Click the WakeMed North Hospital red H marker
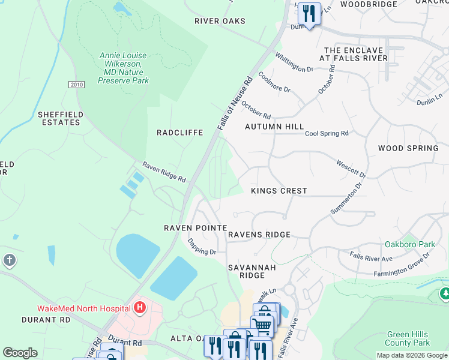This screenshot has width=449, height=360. coord(140,308)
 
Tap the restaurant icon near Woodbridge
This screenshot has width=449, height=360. coord(309,13)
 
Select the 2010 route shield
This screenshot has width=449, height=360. coord(76,85)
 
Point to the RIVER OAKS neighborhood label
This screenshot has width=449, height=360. coord(220,21)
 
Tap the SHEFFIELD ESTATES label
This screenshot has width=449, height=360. coord(59,118)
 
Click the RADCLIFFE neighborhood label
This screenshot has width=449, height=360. coord(179,133)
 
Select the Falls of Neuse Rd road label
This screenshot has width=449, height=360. coord(235,104)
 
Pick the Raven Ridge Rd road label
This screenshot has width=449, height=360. coord(164,172)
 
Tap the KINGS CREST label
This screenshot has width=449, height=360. coord(279,191)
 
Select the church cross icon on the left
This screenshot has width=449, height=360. coord(9,260)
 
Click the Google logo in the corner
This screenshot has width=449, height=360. coord(20,353)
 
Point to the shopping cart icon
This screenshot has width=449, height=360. coord(262,326)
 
